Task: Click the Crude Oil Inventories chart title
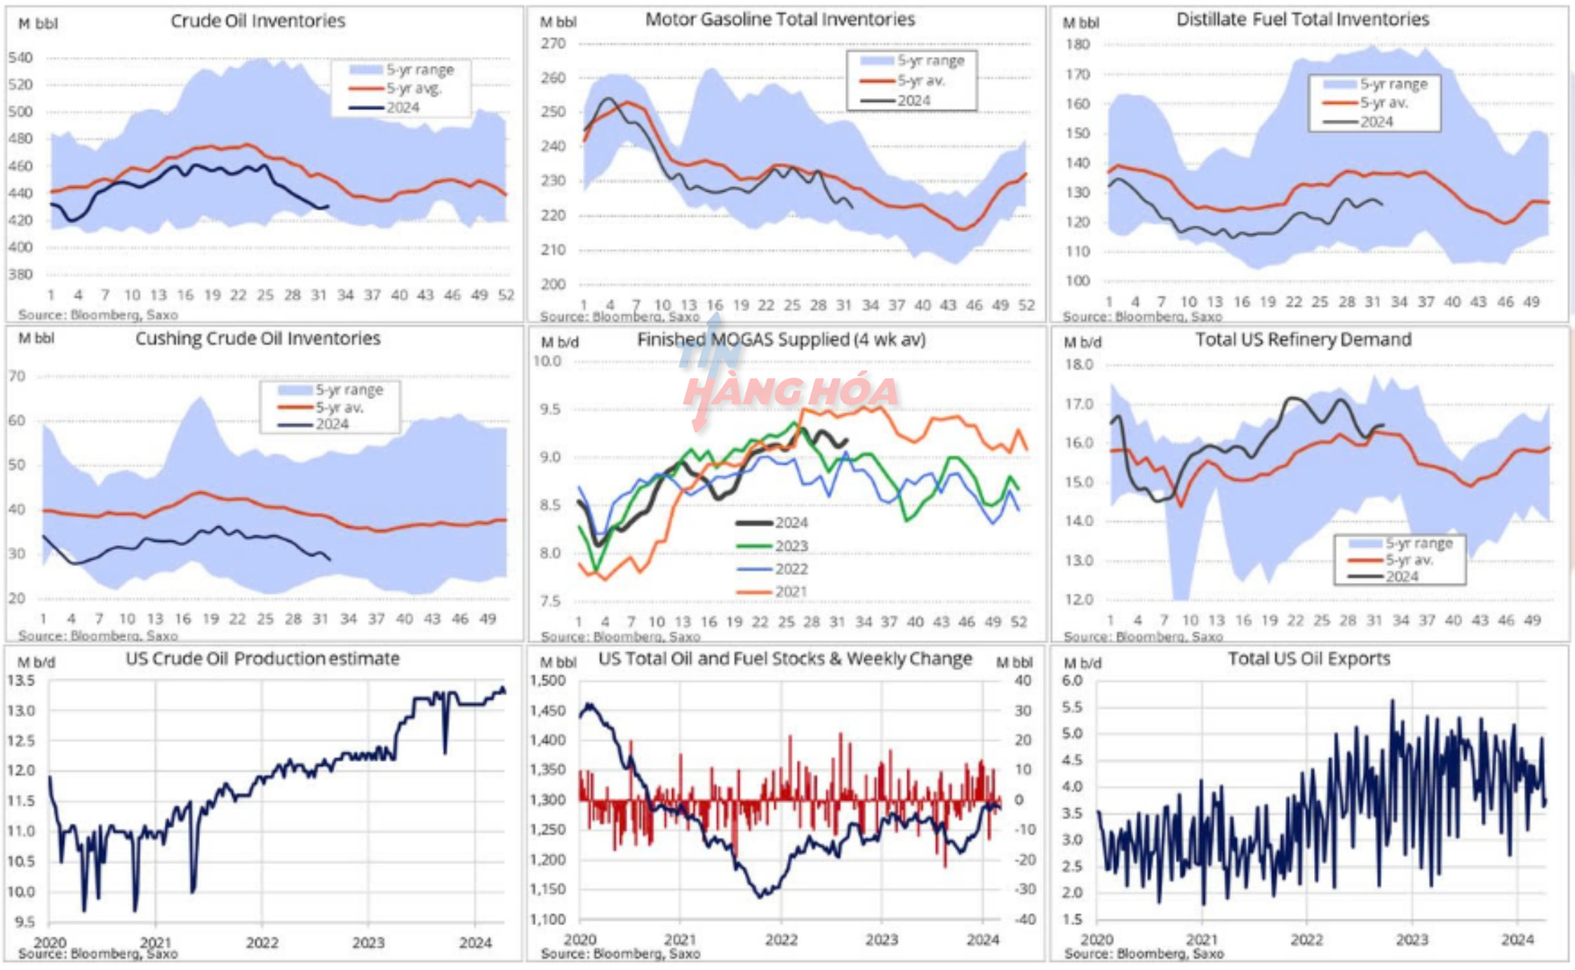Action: tap(257, 21)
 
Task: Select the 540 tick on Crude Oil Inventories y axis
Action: tap(21, 58)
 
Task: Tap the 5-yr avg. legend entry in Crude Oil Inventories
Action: tap(413, 88)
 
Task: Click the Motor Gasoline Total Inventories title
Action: tap(779, 20)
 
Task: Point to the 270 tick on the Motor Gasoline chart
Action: tap(553, 43)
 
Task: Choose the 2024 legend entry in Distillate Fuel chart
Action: tap(1376, 122)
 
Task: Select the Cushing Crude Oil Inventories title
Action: tap(257, 339)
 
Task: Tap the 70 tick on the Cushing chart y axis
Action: tap(17, 377)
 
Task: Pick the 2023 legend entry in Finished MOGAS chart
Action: tap(791, 546)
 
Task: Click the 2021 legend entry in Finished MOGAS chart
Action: tap(791, 592)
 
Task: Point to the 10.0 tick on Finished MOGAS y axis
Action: tap(547, 361)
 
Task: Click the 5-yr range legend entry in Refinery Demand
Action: tap(1419, 543)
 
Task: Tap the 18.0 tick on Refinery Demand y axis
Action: tap(1079, 365)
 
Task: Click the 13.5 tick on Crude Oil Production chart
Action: tap(21, 681)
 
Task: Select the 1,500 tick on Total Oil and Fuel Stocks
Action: tap(548, 681)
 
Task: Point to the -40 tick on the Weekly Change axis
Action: tap(1024, 919)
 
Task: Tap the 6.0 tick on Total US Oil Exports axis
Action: tap(1072, 681)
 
